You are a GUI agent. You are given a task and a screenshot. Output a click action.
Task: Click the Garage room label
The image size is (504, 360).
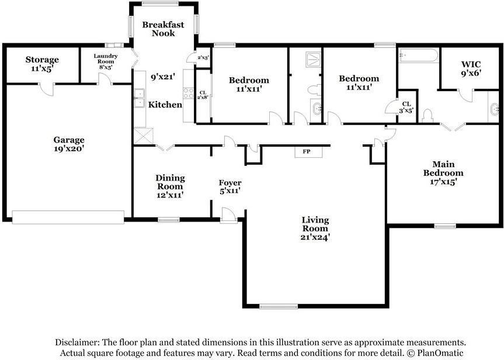click(69, 144)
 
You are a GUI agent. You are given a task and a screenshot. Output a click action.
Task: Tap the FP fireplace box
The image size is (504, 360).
click(308, 151)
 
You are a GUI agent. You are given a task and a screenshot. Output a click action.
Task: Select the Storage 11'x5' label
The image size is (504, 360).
click(42, 64)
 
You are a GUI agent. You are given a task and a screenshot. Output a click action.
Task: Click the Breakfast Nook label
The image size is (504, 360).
click(164, 29)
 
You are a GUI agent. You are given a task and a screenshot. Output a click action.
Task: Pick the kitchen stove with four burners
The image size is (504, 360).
click(189, 94)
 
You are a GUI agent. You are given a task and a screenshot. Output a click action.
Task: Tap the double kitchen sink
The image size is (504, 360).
click(140, 98)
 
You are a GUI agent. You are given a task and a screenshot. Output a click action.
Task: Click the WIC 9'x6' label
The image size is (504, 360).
click(471, 68)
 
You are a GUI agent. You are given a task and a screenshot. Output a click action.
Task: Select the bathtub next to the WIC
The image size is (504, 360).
click(418, 56)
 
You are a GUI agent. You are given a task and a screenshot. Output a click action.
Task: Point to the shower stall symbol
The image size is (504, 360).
click(314, 60)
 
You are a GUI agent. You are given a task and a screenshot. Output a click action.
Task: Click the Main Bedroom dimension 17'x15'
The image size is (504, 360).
click(444, 182)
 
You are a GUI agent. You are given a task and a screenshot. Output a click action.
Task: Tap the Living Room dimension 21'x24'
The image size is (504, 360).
click(315, 237)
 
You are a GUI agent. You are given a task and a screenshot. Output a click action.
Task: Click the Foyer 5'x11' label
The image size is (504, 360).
click(230, 187)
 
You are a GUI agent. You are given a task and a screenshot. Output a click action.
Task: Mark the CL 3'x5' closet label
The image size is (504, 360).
click(406, 108)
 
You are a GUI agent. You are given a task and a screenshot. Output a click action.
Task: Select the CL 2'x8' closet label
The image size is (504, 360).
click(203, 95)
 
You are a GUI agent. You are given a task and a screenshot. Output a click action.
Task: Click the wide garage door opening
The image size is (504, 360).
click(68, 217)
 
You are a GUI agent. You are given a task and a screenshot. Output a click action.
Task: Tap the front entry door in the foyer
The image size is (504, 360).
click(229, 215)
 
